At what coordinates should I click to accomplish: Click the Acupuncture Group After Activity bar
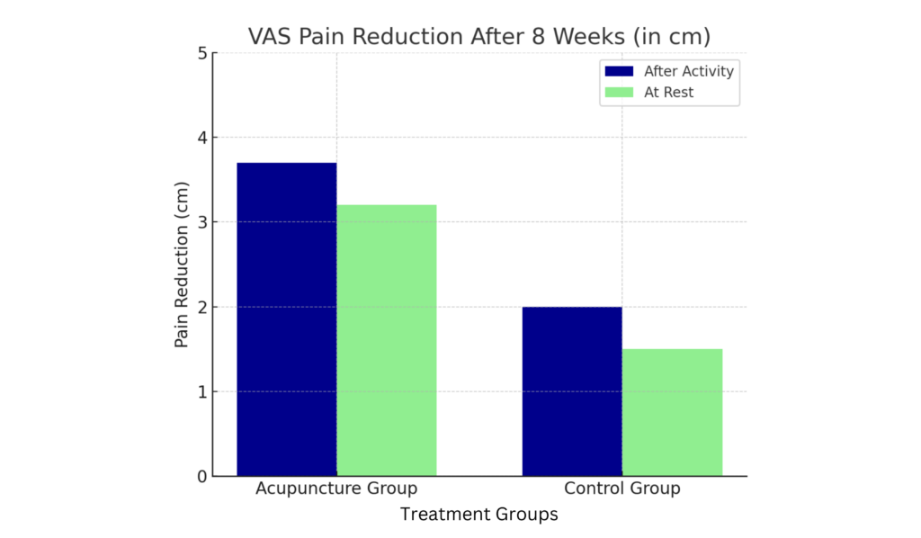(x=286, y=319)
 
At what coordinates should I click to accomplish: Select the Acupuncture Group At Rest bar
(x=387, y=340)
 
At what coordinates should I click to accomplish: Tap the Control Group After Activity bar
(x=572, y=391)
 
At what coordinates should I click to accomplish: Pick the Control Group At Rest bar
(x=672, y=412)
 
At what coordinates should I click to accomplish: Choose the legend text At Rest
(x=668, y=92)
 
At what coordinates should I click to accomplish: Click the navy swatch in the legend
(x=620, y=71)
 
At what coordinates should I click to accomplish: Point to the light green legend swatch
(x=620, y=92)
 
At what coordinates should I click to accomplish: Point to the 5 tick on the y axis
(x=201, y=53)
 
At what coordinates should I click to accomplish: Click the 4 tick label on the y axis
(x=201, y=138)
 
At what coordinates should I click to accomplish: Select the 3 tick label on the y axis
(x=201, y=222)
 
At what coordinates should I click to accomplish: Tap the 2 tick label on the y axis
(x=201, y=307)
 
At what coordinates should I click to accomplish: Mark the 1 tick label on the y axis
(x=201, y=391)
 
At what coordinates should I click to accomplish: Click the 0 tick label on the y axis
(x=201, y=476)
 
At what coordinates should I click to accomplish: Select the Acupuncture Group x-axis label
(x=336, y=489)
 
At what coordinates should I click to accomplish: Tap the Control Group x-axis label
(x=621, y=489)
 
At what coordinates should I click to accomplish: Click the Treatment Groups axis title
(x=478, y=515)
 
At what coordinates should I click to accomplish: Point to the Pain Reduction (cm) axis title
(x=182, y=265)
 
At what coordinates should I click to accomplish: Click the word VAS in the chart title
(x=268, y=37)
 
